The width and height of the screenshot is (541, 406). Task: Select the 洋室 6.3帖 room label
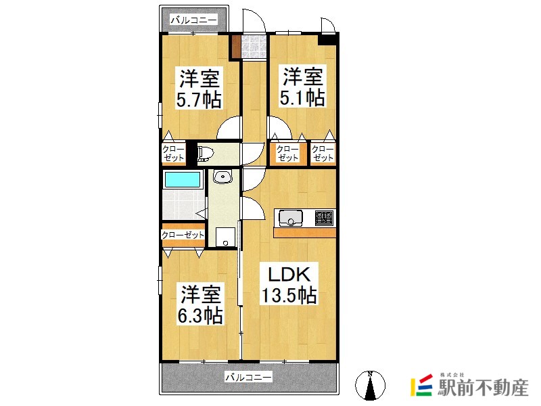(x=200, y=304)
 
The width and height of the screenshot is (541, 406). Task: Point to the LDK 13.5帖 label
(x=289, y=284)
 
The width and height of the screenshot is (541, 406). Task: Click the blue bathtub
(x=182, y=179)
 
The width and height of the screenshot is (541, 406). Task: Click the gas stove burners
(x=325, y=218)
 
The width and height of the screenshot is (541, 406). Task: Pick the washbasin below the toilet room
(x=223, y=177)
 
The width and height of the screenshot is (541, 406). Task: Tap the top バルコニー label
(x=194, y=20)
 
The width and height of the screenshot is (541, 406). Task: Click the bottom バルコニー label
(x=248, y=377)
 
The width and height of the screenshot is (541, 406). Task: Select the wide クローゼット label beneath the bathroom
(x=183, y=235)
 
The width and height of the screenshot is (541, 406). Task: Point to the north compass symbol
(x=370, y=385)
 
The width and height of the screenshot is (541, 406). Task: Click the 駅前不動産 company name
(x=483, y=388)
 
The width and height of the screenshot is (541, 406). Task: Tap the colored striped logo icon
(x=421, y=385)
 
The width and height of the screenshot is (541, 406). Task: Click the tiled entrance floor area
(x=254, y=46)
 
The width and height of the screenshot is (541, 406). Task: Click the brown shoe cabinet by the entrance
(x=236, y=46)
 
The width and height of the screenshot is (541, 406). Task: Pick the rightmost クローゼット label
(x=323, y=154)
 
